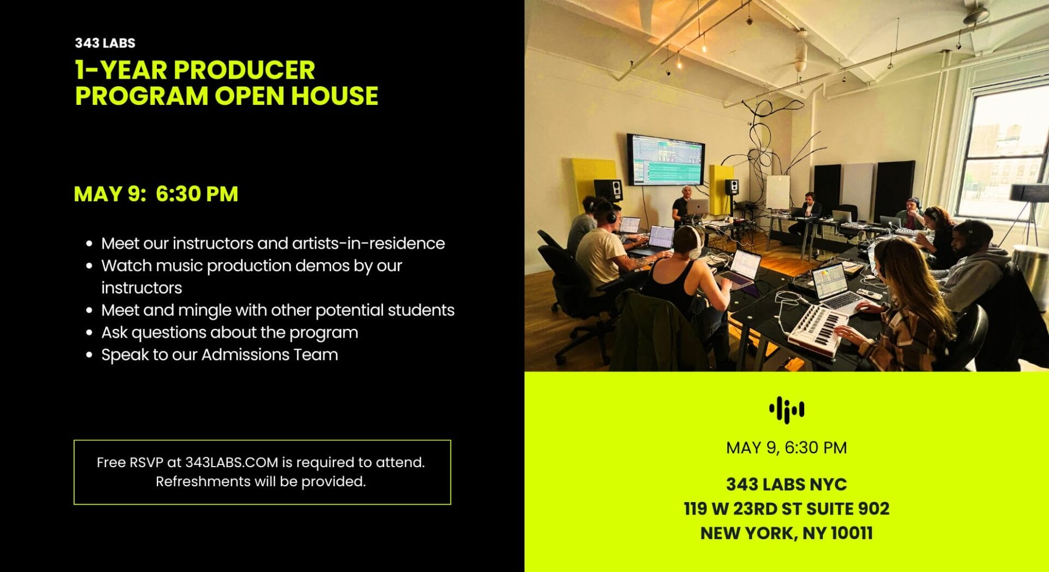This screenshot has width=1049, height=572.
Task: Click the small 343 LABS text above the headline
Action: point(105,43)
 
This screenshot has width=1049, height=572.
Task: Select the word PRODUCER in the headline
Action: point(244,70)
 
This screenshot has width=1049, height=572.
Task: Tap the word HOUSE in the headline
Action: point(334,96)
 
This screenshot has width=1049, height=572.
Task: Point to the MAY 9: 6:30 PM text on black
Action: point(156,194)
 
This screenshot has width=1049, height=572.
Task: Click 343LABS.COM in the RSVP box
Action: point(232,462)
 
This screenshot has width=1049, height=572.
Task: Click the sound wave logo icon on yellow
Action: point(786,409)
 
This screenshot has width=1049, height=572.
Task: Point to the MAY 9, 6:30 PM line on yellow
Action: point(786,448)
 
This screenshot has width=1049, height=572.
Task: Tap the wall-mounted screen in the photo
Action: point(665,159)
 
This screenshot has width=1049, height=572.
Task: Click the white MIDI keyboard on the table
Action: point(818,329)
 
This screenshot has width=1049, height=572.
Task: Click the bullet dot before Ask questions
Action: point(90,333)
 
